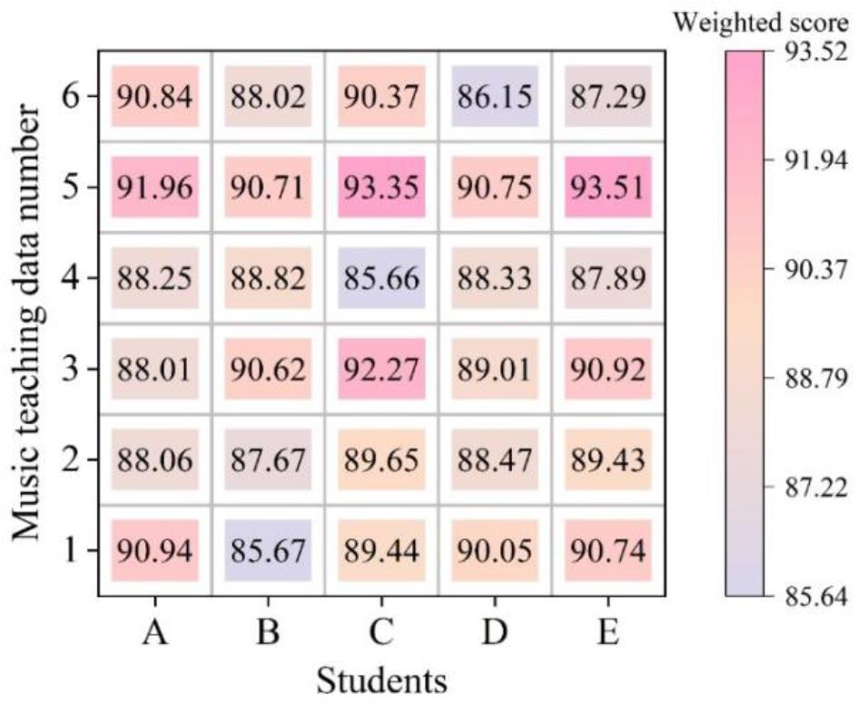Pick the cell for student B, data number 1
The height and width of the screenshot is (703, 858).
(268, 550)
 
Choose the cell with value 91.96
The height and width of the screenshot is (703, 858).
(154, 186)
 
